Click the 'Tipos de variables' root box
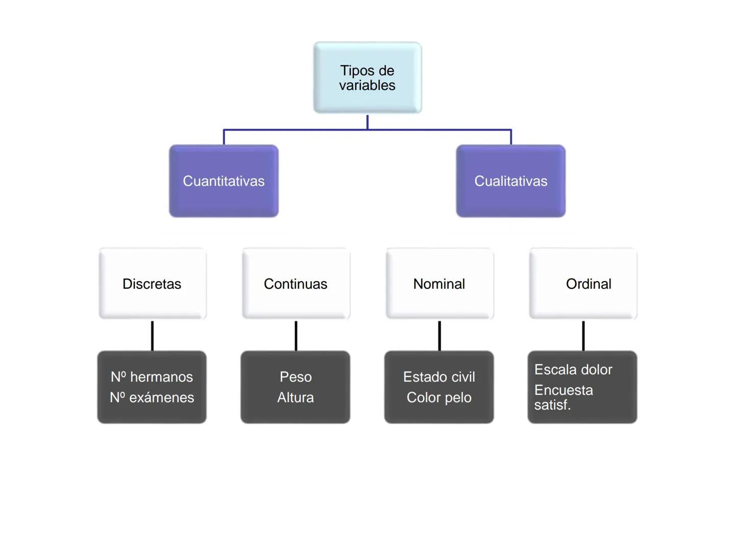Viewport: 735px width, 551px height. pos(367,78)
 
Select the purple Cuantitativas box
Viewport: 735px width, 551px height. pos(224,181)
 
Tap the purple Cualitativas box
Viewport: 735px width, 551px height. pos(510,181)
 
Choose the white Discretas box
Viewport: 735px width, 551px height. pos(152,284)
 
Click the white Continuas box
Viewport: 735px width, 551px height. pos(296,284)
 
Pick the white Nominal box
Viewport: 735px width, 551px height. pos(439,284)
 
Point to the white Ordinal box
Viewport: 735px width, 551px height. pos(583,284)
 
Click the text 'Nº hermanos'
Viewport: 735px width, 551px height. pos(152,377)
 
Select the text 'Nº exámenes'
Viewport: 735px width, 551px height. pos(152,397)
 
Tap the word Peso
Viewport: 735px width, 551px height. pos(296,377)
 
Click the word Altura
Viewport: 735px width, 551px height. pos(296,397)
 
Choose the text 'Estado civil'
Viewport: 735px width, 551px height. pos(439,377)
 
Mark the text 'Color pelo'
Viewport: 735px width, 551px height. pos(439,397)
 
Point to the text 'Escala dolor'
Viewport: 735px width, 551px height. pos(573,370)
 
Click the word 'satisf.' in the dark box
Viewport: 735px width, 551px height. pos(552,405)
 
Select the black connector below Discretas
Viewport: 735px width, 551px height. pos(152,336)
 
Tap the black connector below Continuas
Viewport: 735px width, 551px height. pos(296,336)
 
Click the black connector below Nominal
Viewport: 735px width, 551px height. pos(439,336)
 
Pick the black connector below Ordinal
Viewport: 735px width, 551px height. pos(583,336)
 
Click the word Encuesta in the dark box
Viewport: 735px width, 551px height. pos(563,390)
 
